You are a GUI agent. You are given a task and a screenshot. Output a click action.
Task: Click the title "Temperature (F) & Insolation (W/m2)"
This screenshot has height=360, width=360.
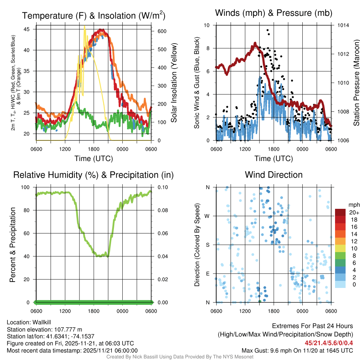click(94, 15)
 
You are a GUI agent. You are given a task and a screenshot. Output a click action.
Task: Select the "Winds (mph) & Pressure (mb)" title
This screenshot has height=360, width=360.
click(274, 13)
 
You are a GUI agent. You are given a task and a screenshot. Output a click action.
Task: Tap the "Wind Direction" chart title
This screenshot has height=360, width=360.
click(274, 175)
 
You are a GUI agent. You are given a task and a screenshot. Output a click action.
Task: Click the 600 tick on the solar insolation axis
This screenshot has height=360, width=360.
click(162, 31)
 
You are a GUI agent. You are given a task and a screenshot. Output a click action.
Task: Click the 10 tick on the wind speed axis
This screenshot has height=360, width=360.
click(207, 25)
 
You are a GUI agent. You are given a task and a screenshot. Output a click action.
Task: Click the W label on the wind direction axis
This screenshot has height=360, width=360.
click(207, 216)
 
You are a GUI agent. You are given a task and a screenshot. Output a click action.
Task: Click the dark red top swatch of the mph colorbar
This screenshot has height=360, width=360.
click(341, 213)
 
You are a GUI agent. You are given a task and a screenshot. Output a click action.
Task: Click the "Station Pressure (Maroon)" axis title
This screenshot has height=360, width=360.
click(356, 83)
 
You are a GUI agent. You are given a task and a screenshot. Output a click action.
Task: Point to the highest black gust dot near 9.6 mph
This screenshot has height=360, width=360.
click(268, 30)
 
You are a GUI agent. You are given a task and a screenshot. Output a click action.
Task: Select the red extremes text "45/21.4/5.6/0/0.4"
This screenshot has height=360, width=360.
click(329, 343)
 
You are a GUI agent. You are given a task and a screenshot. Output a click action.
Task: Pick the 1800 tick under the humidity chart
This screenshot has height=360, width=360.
click(94, 311)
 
